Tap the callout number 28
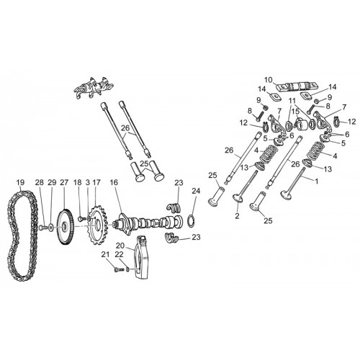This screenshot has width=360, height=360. click(x=40, y=183)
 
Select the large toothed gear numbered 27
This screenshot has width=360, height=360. click(x=66, y=227)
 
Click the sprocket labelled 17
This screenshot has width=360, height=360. click(x=97, y=225)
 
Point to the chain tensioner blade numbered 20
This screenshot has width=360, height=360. click(x=143, y=257)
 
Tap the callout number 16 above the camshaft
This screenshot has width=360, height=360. click(x=114, y=183)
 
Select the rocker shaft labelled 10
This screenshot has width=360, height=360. click(x=293, y=86)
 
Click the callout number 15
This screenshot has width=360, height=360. click(x=296, y=112)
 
